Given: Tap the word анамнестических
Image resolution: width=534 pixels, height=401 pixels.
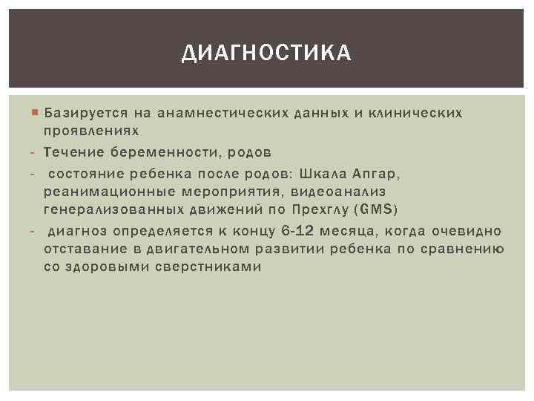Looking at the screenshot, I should point(228,113).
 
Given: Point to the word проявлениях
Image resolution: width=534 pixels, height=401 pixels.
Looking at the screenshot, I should point(91,130).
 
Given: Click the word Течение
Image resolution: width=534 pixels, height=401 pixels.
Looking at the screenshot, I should point(73,152).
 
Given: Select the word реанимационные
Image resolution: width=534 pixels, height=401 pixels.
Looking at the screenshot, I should point(105,190).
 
